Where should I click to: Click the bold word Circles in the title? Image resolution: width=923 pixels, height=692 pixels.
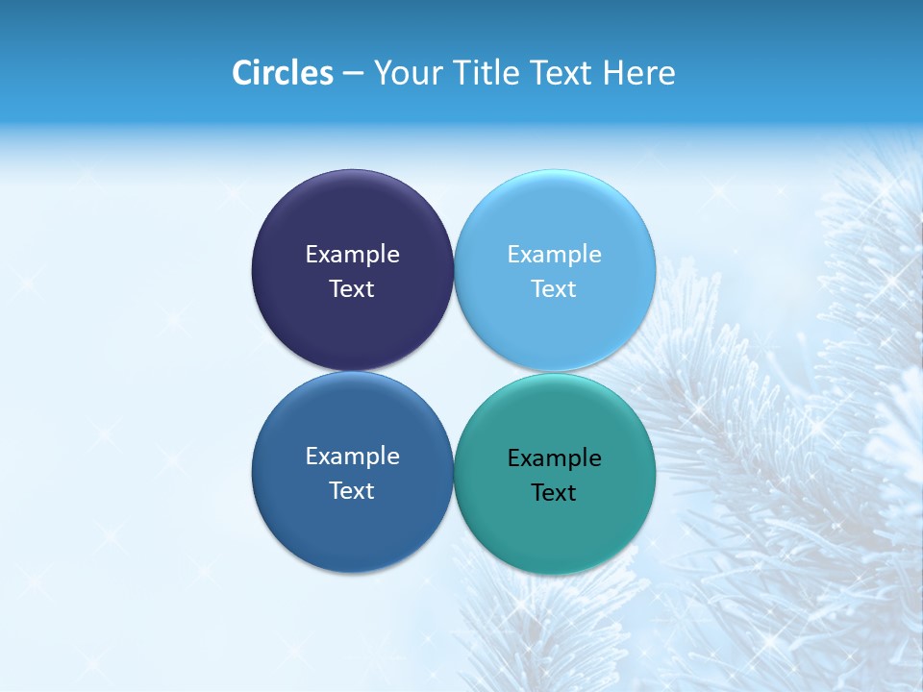[283, 73]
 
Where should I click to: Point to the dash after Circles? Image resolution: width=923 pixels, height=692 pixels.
[353, 74]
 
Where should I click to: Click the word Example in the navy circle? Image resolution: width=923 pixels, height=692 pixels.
[352, 255]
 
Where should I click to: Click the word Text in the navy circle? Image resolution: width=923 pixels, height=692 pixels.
[352, 289]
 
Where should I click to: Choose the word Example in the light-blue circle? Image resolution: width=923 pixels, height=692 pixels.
[554, 255]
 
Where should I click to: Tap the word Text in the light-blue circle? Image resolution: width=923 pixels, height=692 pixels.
[554, 289]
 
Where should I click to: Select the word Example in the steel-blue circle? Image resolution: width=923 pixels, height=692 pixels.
[352, 457]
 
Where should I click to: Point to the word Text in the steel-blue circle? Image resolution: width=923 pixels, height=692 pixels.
[352, 491]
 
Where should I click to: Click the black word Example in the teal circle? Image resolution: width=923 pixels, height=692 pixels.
[554, 458]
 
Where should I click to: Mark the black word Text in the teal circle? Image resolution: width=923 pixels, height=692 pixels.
[554, 493]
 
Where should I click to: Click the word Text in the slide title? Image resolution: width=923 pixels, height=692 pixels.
[561, 73]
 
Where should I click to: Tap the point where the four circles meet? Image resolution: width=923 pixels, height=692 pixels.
[454, 371]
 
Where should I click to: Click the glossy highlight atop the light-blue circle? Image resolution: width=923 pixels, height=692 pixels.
[555, 187]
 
